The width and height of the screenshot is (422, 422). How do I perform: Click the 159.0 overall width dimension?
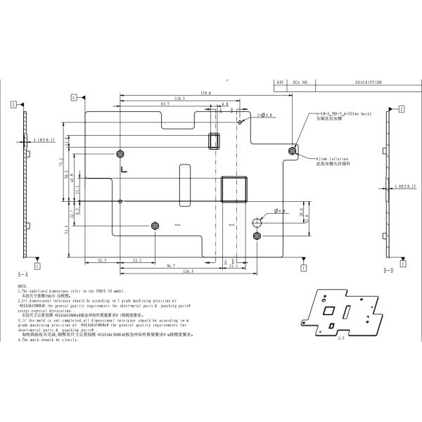[x=186, y=93]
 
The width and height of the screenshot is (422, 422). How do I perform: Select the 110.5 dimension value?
[x=179, y=98]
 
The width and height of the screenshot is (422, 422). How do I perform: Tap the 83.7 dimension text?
[x=165, y=104]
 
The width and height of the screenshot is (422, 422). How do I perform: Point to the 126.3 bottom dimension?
[x=187, y=271]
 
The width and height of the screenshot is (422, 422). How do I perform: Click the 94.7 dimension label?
[x=171, y=266]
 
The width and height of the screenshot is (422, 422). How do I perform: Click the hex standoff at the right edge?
[x=293, y=151]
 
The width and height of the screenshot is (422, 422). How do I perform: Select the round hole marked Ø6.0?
[x=257, y=221]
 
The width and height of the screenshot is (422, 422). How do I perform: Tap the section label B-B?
[x=388, y=270]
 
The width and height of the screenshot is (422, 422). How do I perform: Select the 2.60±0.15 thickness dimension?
[x=407, y=187]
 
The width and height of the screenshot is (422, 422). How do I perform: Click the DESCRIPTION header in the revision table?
[x=368, y=82]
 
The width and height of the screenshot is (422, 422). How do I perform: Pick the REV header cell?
[x=280, y=82]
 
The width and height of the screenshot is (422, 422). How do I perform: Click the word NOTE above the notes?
[x=22, y=286]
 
